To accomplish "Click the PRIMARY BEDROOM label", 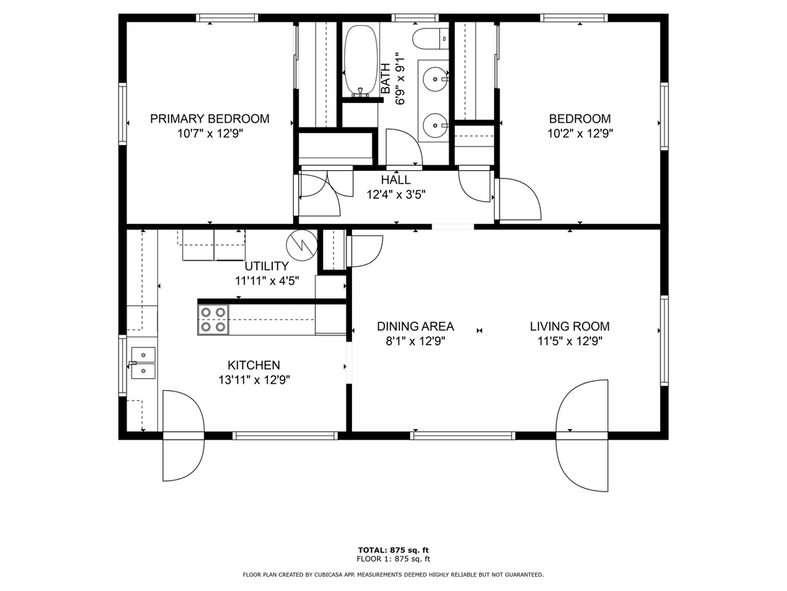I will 209,119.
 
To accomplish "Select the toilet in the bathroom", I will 429,39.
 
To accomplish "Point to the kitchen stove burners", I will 213,319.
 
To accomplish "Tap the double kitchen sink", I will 143,361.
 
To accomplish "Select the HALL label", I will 396,180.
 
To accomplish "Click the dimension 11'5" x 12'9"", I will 569,341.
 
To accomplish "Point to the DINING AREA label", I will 415,326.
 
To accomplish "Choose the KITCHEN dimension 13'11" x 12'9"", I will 253,380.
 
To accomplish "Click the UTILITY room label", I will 267,266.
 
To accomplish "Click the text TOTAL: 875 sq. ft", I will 393,550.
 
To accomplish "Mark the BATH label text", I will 385,79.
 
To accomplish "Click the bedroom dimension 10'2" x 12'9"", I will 579,133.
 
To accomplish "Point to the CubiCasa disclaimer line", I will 393,575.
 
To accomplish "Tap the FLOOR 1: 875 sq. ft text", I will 393,559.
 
